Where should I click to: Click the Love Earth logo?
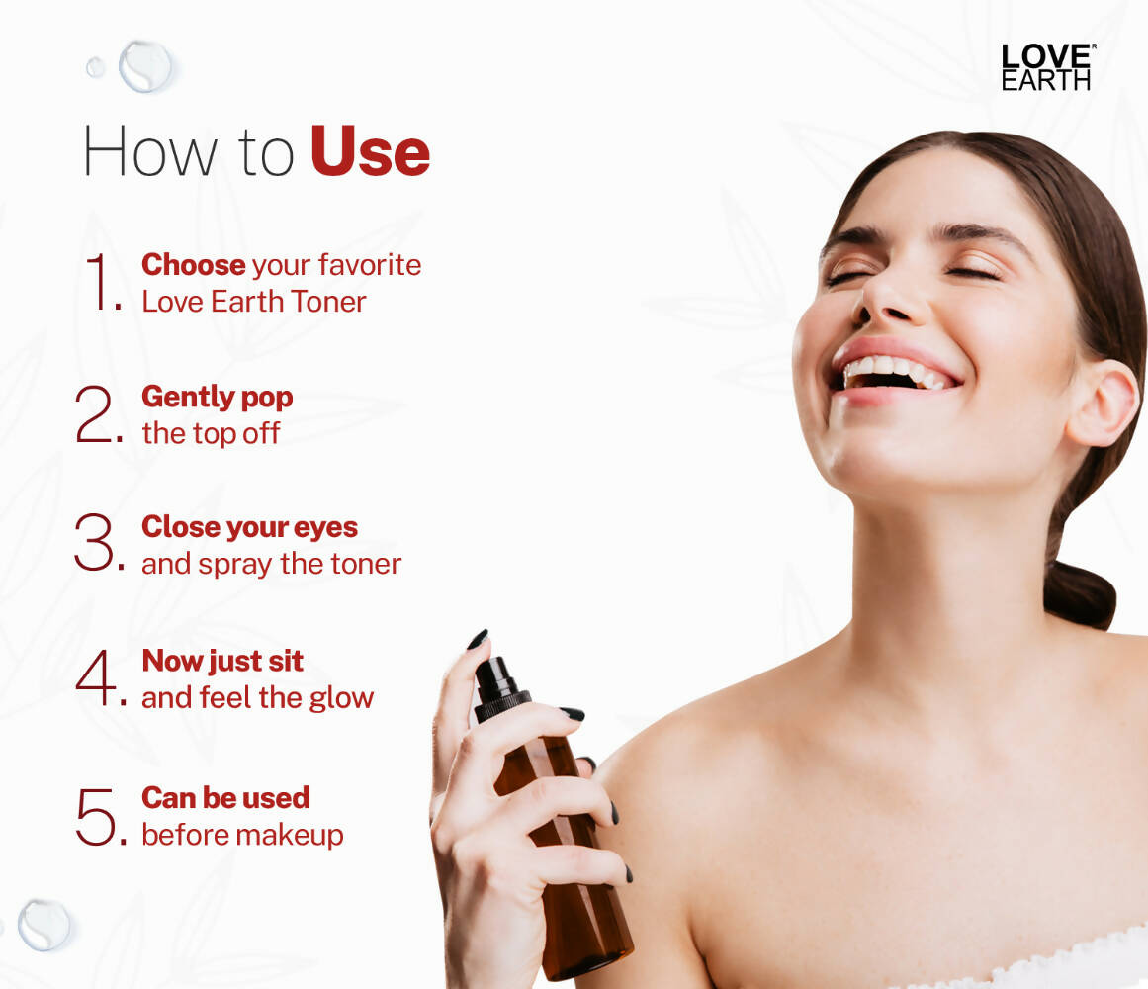pyautogui.click(x=1047, y=67)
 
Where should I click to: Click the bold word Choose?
pyautogui.click(x=193, y=264)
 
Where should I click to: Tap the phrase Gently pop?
pyautogui.click(x=217, y=397)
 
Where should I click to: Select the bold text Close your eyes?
pyautogui.click(x=249, y=527)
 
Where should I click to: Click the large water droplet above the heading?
pyautogui.click(x=144, y=65)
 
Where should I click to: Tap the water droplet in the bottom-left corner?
pyautogui.click(x=44, y=924)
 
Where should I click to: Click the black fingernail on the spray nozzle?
pyautogui.click(x=478, y=639)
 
